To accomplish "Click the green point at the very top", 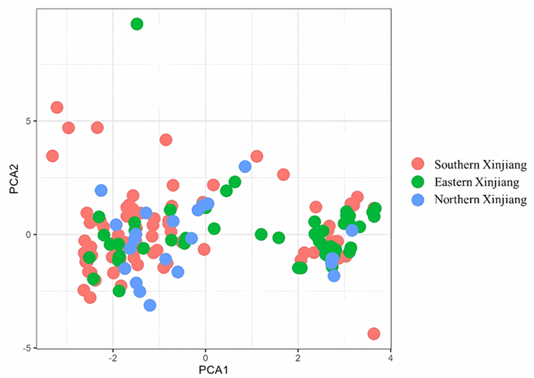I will tap(137, 24).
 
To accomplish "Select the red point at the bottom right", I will tap(374, 334).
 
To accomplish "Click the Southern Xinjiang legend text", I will tap(480, 164).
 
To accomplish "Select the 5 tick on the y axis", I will tap(28, 121).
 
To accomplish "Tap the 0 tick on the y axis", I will tap(28, 234).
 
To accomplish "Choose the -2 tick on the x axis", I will tap(112, 358).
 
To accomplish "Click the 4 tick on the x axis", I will tap(391, 358).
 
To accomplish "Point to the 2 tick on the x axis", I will tap(298, 358).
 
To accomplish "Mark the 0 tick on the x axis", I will tap(206, 358).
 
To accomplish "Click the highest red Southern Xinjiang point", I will tap(57, 107).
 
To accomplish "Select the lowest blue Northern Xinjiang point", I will tap(150, 306).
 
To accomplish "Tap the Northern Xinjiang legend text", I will tap(480, 199).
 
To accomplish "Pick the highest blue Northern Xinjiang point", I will tap(245, 167).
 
